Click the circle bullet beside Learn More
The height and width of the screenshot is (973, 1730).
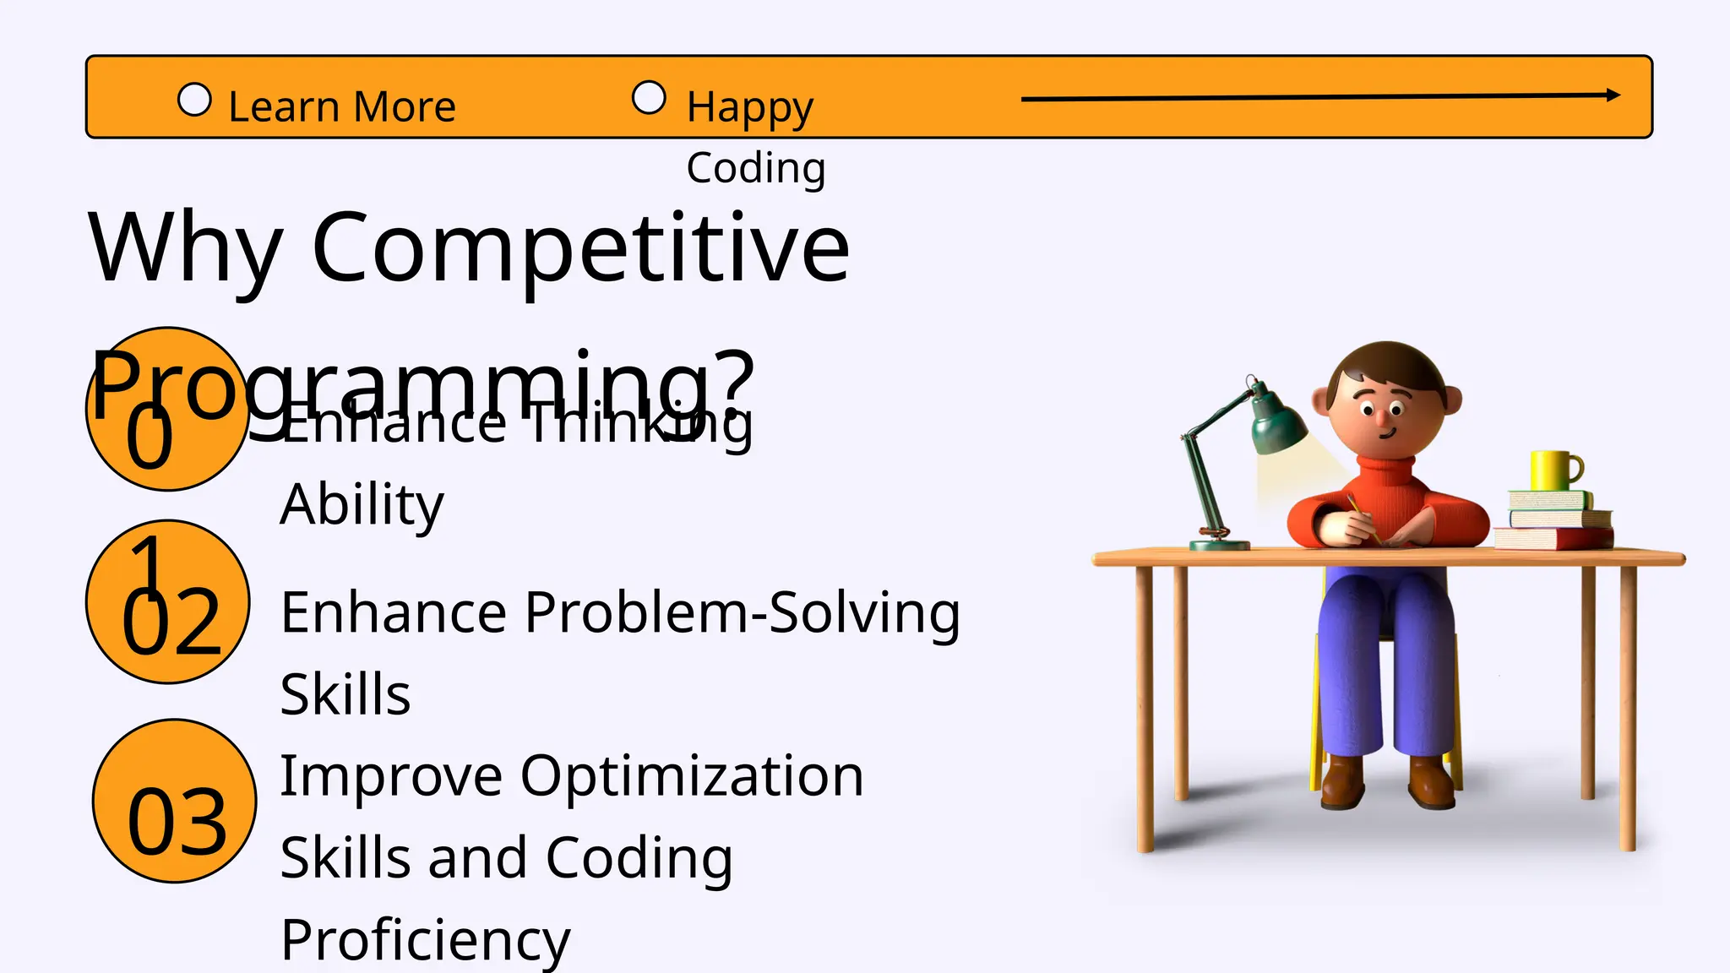click(194, 100)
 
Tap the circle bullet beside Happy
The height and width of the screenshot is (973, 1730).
click(649, 97)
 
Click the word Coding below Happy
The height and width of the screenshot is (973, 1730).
click(755, 167)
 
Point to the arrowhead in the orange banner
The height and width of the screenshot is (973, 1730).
click(1613, 95)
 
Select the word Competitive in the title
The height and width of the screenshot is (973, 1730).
click(580, 248)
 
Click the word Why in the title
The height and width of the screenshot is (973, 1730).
click(185, 250)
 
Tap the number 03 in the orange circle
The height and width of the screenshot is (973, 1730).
click(177, 821)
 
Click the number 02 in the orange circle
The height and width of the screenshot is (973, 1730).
click(171, 622)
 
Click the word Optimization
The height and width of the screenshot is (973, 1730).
click(692, 775)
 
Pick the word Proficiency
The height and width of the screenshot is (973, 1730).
click(425, 939)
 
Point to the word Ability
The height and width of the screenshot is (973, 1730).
click(362, 504)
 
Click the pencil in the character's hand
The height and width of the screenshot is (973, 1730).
click(1362, 517)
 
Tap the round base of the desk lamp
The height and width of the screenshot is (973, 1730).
click(1218, 543)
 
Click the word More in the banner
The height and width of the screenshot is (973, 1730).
click(405, 107)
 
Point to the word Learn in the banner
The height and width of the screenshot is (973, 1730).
click(284, 107)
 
